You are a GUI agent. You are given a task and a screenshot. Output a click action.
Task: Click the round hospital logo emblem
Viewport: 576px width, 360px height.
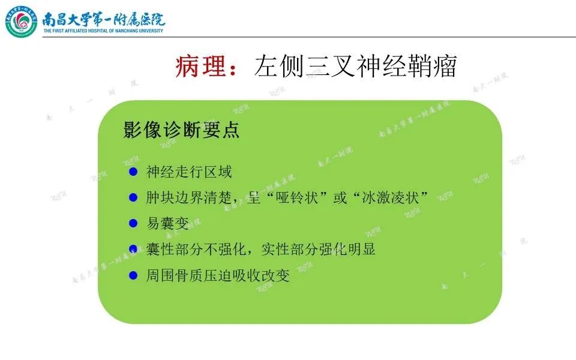coord(22,22)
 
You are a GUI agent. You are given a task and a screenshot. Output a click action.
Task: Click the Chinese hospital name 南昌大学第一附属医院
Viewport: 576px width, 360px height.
coord(104,19)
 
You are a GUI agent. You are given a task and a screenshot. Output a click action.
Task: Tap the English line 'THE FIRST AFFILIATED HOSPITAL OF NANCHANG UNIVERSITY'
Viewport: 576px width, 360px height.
coord(103,31)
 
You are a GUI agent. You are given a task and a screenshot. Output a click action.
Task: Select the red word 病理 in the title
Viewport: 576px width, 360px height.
coord(200,67)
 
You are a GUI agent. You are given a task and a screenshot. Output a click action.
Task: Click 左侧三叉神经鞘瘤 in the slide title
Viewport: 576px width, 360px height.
coord(355,67)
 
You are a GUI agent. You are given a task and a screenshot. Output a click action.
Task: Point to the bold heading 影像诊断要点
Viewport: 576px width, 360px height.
coord(181,130)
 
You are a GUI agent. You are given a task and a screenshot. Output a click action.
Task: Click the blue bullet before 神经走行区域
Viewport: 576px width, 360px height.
coord(133,172)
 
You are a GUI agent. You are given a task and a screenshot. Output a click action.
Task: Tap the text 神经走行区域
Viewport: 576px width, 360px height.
coord(189,172)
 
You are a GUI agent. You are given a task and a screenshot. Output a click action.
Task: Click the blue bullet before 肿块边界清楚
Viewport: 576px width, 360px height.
coord(133,197)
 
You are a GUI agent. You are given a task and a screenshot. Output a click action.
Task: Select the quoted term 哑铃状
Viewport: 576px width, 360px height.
coord(297,197)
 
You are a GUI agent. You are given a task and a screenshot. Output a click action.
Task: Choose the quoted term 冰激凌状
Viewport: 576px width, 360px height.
coord(390,197)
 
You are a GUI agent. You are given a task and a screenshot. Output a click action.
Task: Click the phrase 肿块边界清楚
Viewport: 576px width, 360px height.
coord(189,197)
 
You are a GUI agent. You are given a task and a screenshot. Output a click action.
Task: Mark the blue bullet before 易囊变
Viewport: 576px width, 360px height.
coord(133,223)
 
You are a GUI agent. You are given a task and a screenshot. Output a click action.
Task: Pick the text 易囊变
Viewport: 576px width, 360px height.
coord(167,223)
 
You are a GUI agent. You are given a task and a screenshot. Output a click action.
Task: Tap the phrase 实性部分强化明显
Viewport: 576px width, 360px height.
coord(319,250)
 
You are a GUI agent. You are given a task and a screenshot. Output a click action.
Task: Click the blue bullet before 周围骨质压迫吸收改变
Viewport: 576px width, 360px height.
coord(133,275)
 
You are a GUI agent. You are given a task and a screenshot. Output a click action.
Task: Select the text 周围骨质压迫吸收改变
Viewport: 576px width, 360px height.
coord(218,275)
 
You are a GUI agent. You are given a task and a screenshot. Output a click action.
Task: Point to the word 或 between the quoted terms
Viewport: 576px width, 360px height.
coord(340,197)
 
